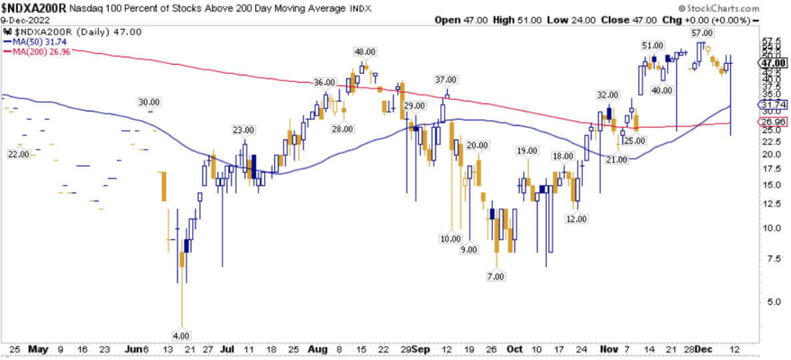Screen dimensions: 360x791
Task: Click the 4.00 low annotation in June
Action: pos(181,335)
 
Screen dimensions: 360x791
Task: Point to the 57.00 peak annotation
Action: pos(702,33)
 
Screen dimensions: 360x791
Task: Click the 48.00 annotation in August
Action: pos(363,51)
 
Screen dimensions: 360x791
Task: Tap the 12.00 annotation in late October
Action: pos(576,219)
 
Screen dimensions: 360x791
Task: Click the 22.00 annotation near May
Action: pos(19,154)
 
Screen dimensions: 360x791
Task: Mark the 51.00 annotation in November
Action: pos(652,45)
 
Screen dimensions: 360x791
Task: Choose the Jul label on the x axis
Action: pos(227,349)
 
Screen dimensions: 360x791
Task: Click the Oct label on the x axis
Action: pos(514,349)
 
